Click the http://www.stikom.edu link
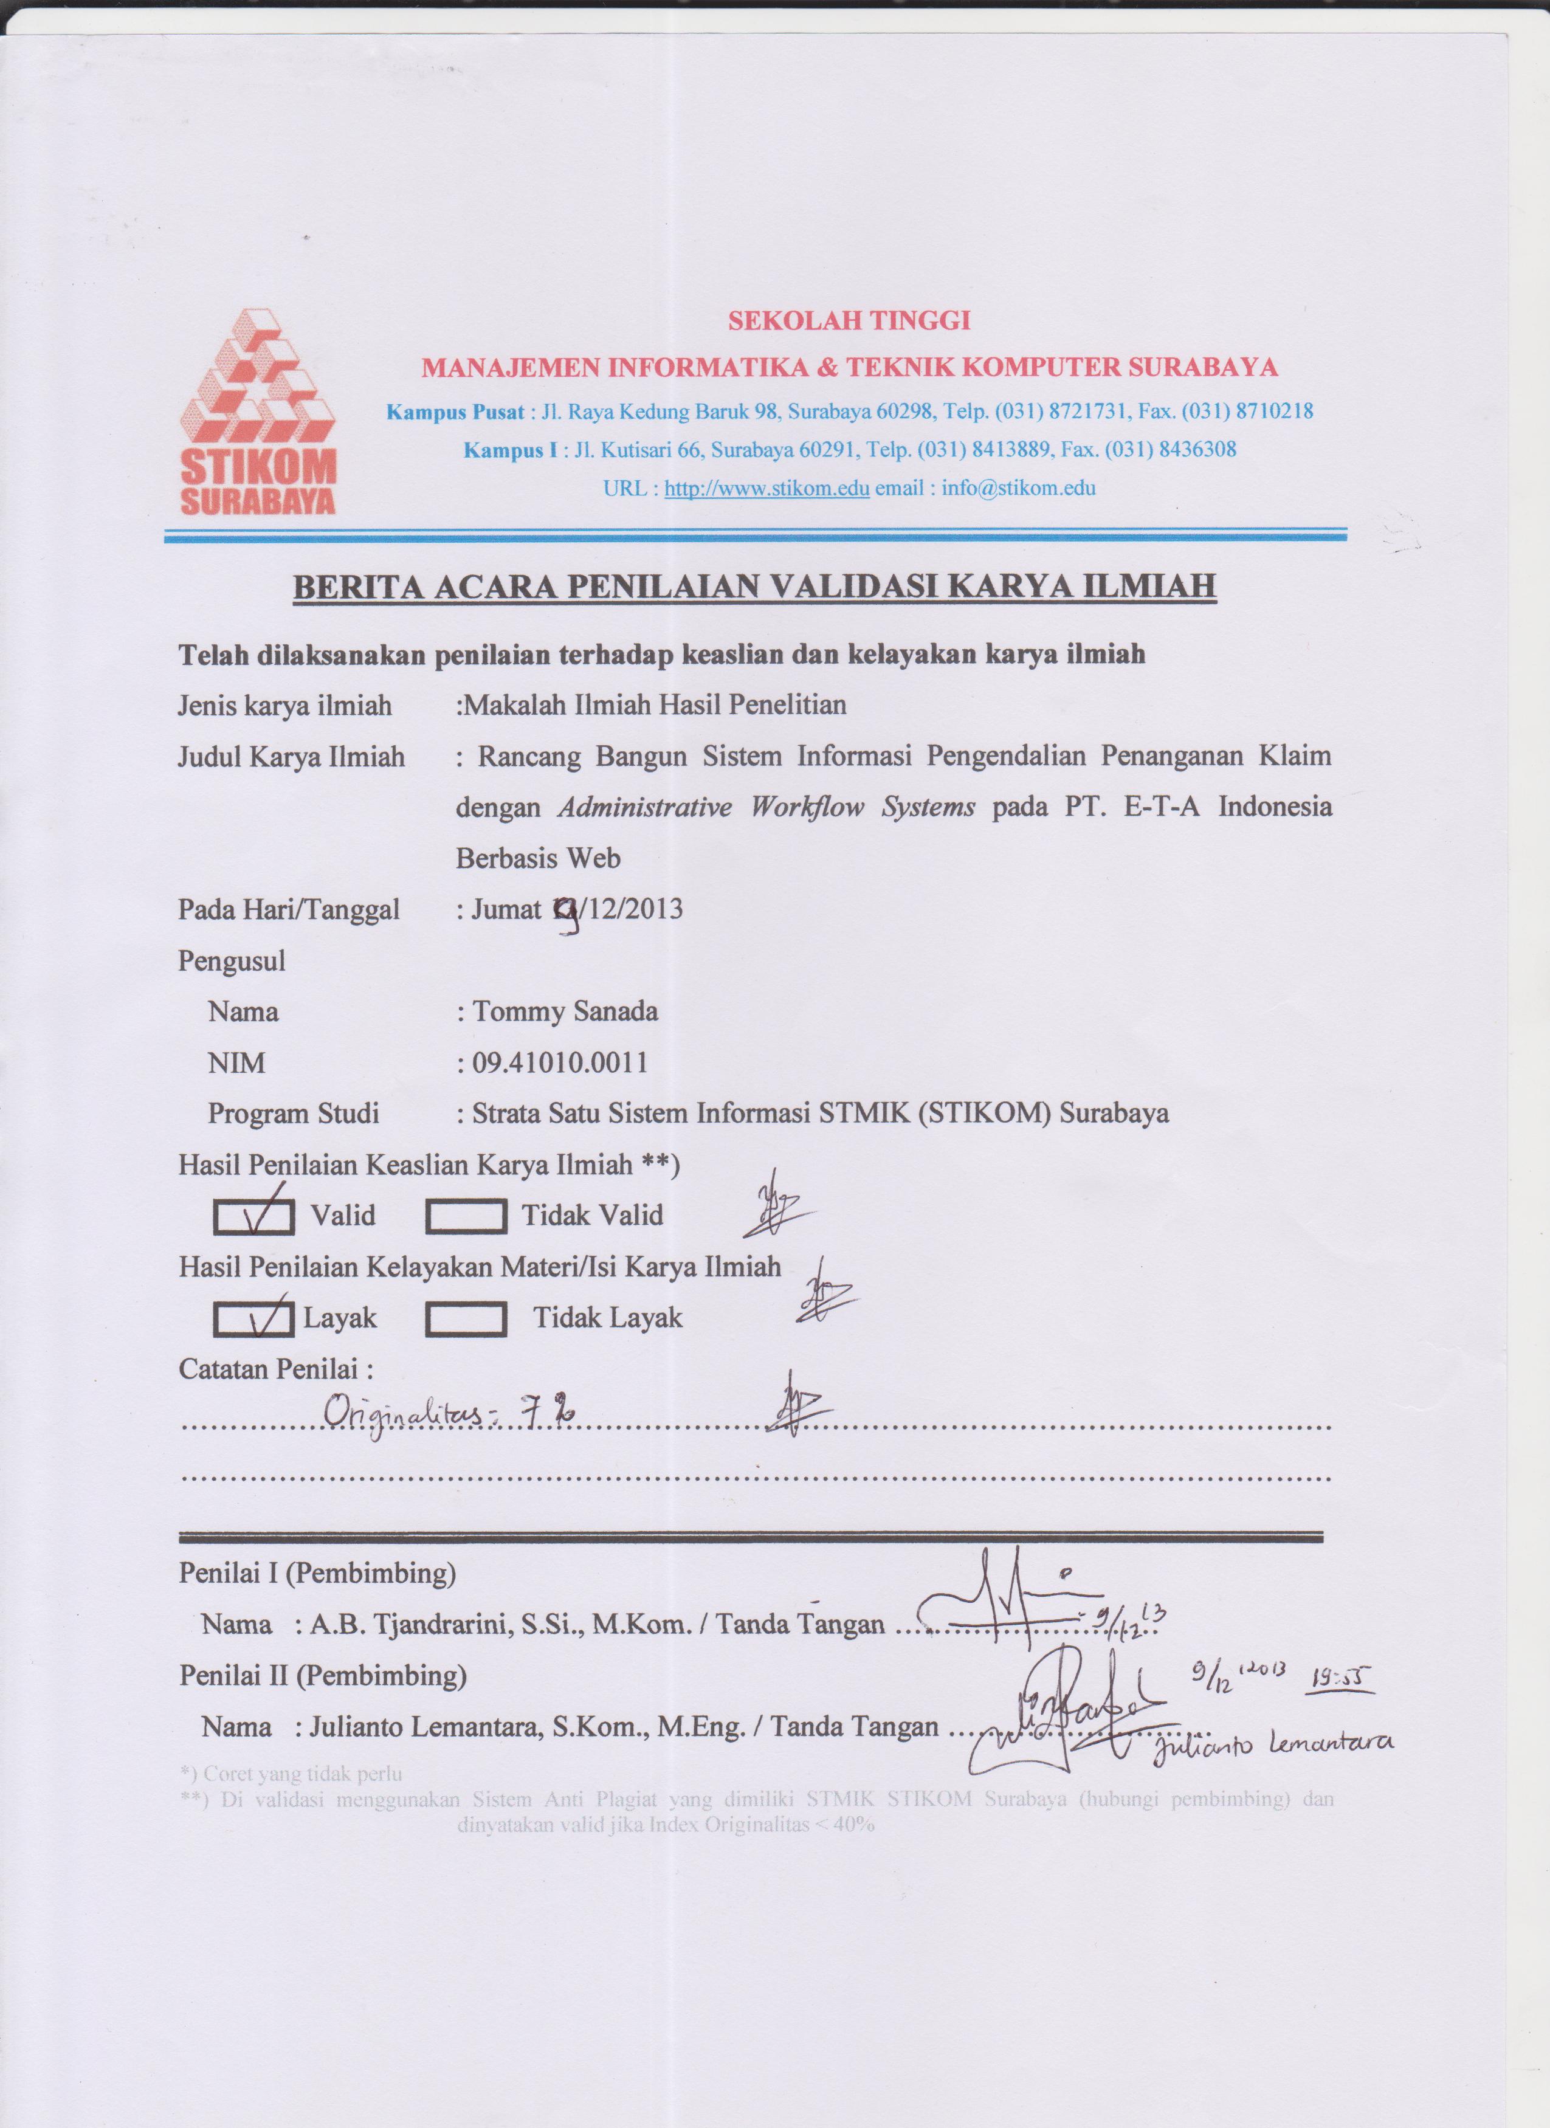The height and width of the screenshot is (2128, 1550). (x=766, y=489)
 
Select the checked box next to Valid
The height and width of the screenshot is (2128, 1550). (x=253, y=1217)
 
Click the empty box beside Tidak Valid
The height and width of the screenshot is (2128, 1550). (x=466, y=1217)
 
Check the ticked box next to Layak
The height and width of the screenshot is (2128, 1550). (x=253, y=1319)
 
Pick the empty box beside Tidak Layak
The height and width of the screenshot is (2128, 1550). (x=466, y=1319)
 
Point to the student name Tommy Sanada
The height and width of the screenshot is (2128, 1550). (x=565, y=1011)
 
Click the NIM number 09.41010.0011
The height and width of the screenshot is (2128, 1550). (x=560, y=1063)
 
